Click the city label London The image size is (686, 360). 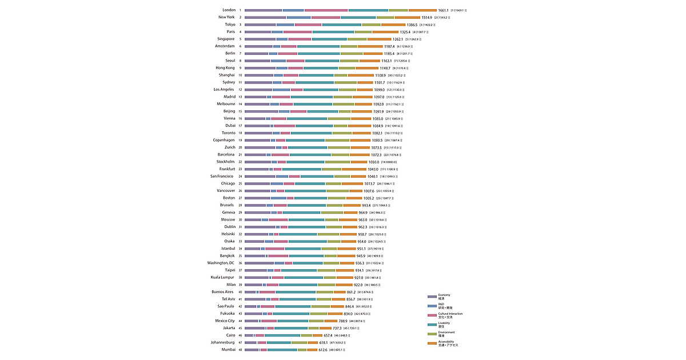[229, 10]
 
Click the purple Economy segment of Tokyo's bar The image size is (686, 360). [260, 25]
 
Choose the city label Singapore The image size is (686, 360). [222, 39]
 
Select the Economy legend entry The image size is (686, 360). [444, 297]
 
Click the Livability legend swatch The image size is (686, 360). [432, 324]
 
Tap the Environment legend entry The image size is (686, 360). [446, 334]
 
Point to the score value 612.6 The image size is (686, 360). [318, 350]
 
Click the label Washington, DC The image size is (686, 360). [221, 263]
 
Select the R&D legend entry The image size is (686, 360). [444, 306]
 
